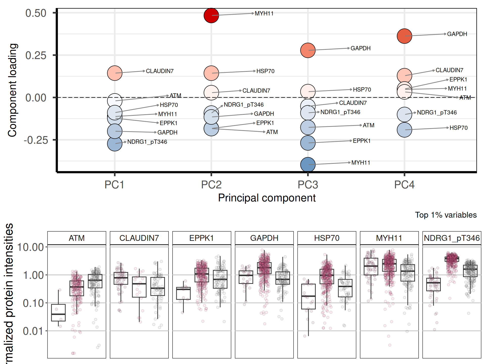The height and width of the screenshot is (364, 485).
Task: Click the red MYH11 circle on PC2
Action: point(211,15)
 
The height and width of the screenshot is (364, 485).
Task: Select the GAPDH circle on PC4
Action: point(404,36)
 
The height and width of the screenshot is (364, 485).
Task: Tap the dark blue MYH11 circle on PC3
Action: point(308,165)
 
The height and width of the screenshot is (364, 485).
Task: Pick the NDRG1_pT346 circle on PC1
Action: point(115,144)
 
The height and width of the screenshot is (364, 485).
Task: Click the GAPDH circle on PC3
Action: point(308,50)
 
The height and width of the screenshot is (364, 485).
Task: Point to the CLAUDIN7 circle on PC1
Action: point(115,73)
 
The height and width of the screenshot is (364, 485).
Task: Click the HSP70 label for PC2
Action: point(265,71)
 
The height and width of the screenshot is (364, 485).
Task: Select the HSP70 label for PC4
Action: point(458,128)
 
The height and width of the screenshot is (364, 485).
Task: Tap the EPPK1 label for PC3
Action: point(361,141)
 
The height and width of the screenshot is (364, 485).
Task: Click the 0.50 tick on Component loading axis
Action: point(36,13)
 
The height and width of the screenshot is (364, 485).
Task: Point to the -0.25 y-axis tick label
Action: point(36,140)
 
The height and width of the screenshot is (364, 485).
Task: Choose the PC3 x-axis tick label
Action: point(308,185)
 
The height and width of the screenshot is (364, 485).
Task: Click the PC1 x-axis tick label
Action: point(114,185)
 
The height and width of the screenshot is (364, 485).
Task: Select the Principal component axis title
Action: point(267,198)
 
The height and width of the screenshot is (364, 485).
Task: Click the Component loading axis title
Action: point(12,90)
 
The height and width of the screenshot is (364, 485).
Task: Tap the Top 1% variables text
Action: point(446,215)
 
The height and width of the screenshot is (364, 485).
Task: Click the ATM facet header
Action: point(77,238)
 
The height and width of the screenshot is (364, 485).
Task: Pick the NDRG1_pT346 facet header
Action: point(452,238)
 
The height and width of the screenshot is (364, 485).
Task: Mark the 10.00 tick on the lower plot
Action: point(30,247)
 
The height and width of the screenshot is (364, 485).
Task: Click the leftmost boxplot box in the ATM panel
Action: point(58,313)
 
